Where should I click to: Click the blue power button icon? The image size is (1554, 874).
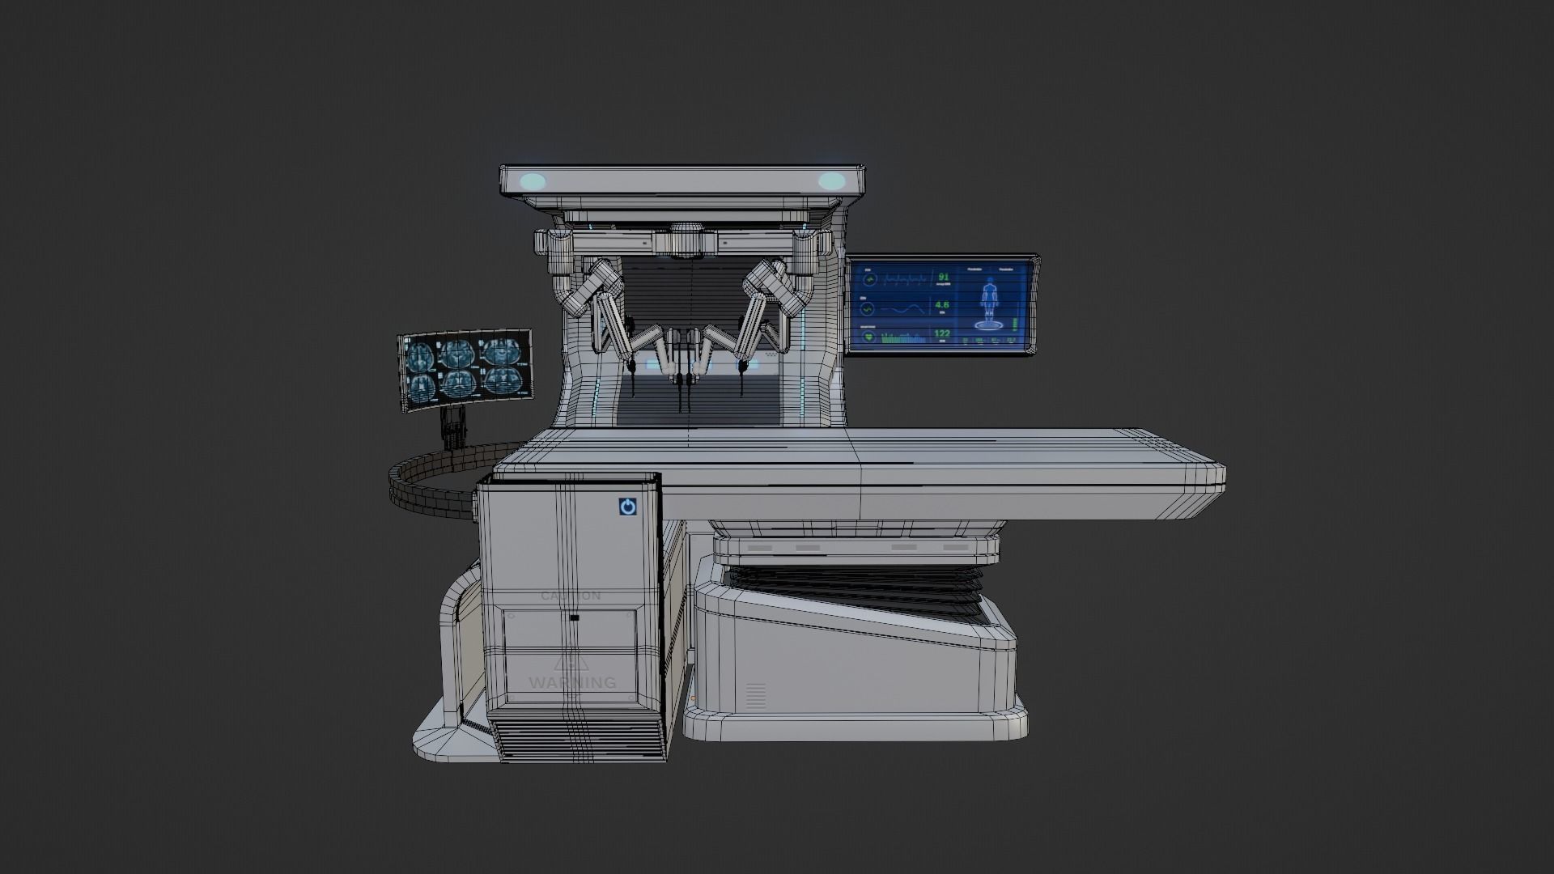628,507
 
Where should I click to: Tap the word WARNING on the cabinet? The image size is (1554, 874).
572,683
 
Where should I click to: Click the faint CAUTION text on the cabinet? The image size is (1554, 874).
571,596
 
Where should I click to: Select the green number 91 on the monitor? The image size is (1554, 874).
942,278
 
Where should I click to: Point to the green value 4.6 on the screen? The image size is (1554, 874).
942,306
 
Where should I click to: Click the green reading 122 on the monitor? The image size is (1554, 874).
942,333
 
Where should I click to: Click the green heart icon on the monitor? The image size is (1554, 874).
868,337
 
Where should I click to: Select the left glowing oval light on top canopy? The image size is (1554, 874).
534,181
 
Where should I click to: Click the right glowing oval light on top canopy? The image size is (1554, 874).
830,181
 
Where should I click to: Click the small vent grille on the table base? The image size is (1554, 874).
755,696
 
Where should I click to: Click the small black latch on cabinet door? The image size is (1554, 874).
574,618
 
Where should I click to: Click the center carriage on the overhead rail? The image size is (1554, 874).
686,242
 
